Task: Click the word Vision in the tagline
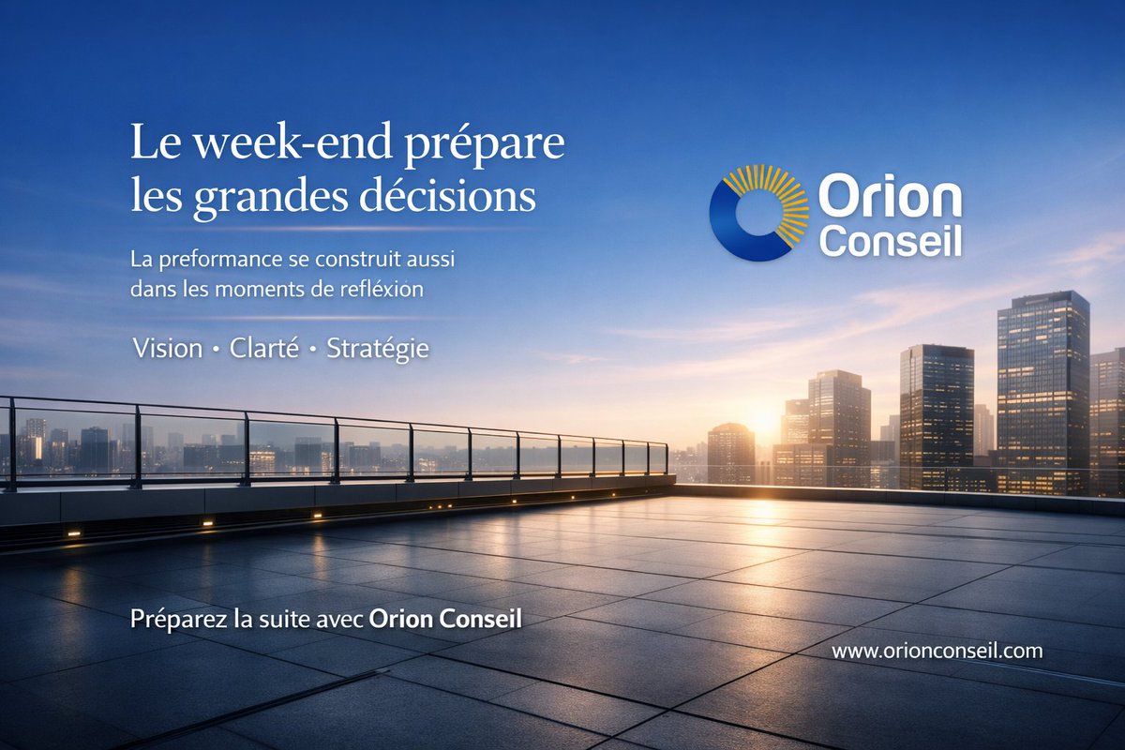[x=168, y=349]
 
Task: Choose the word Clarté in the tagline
[x=264, y=349]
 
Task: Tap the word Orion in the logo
[x=890, y=199]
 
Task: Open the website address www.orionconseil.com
[x=937, y=651]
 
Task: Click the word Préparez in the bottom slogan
[x=172, y=620]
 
